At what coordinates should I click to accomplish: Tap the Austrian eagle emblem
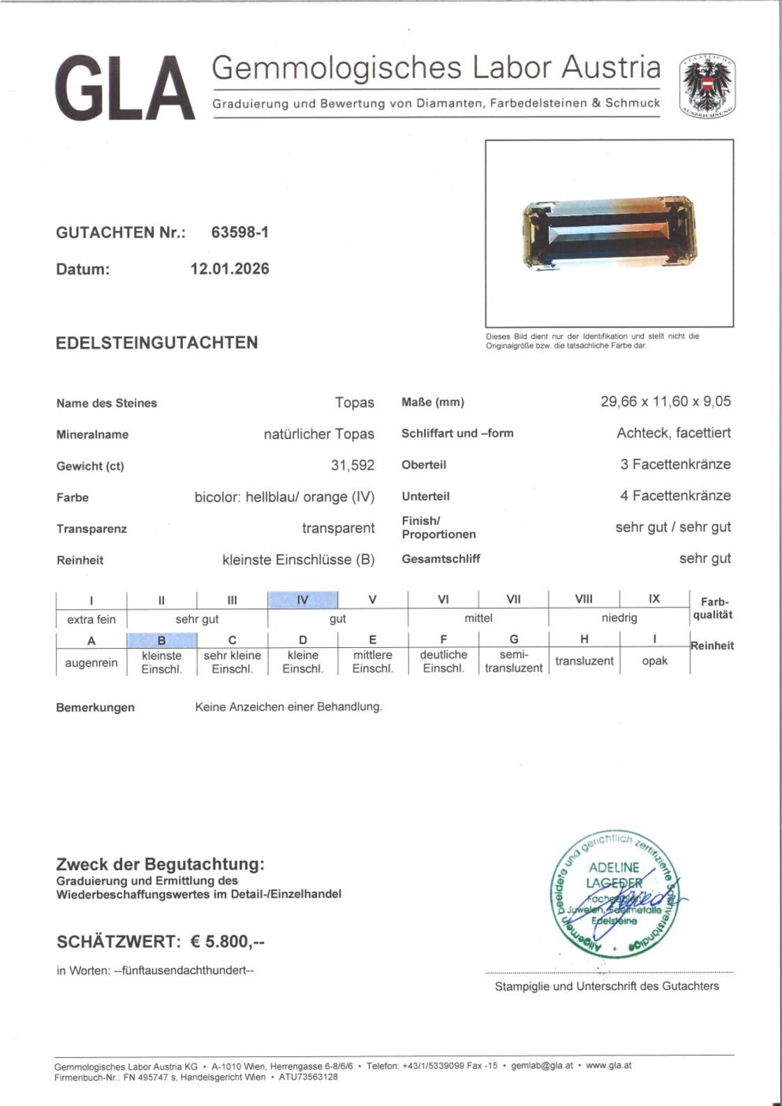[708, 85]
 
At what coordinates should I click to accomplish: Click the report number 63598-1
[239, 233]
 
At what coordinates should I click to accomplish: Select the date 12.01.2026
[230, 269]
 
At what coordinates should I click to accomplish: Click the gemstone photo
[609, 233]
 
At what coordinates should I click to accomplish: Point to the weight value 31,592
[353, 465]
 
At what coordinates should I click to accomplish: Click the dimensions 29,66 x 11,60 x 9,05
[665, 401]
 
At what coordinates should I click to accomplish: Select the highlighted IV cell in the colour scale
[302, 600]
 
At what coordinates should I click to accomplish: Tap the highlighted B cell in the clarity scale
[161, 640]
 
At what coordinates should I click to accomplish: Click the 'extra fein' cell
[91, 619]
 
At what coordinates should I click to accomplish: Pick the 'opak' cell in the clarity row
[654, 661]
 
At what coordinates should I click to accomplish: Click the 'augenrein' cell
[91, 663]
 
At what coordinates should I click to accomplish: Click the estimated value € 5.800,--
[228, 942]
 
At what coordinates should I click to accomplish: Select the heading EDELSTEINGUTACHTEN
[157, 343]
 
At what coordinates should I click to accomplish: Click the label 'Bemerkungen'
[95, 707]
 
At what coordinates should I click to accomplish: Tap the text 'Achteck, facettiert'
[674, 433]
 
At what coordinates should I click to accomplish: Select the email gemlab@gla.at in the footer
[542, 1066]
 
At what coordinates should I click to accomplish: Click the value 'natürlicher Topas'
[318, 434]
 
